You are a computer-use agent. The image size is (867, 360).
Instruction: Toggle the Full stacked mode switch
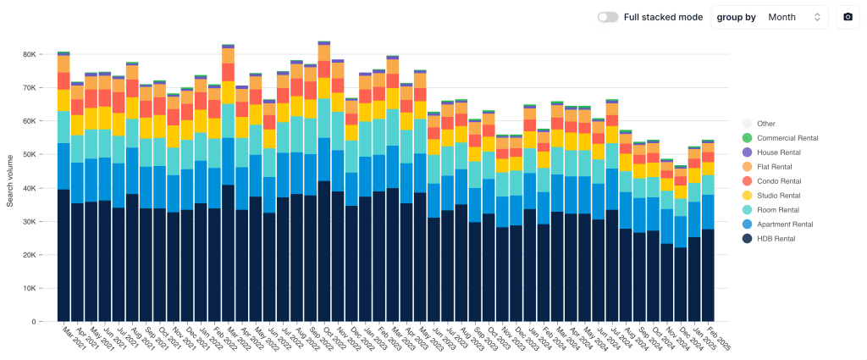coord(606,17)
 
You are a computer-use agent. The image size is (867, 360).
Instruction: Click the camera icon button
coord(848,17)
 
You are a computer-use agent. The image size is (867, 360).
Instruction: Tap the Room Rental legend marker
coord(747,209)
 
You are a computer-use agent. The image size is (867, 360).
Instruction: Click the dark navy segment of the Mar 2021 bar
coord(64,254)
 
